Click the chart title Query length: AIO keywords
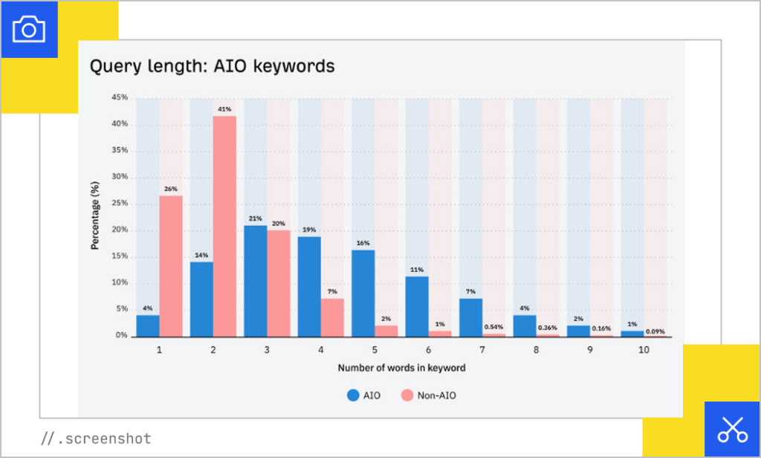212,66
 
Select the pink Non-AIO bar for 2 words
224,226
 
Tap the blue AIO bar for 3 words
256,281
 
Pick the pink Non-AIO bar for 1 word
171,266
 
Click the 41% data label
224,109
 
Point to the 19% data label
309,230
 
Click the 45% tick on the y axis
120,97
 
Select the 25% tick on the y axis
120,203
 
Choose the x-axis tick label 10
644,349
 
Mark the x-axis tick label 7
482,349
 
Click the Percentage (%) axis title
95,216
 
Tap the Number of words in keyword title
401,368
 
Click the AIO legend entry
363,396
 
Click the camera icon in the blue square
29,29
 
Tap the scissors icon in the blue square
732,429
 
